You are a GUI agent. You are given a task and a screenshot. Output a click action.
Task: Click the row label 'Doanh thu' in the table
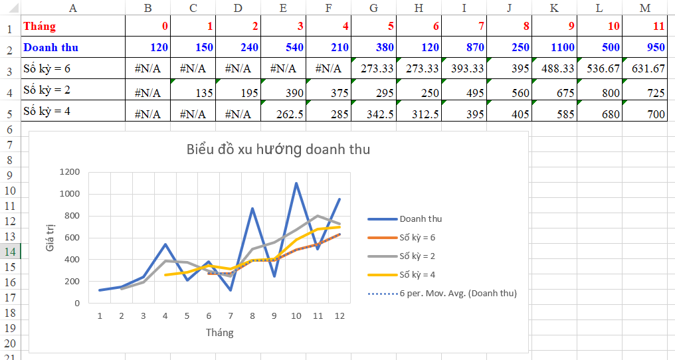50,47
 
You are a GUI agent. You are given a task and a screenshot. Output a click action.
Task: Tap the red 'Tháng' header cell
40,27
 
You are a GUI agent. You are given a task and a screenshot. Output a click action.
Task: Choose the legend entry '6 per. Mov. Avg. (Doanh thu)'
458,293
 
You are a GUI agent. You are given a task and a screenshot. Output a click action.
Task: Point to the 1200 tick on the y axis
69,172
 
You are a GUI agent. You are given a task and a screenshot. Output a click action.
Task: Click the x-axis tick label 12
339,315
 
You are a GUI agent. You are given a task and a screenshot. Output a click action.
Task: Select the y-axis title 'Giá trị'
50,237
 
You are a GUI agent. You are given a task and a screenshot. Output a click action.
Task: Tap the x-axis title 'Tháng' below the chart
219,332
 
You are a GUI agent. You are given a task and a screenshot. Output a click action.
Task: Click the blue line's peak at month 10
296,183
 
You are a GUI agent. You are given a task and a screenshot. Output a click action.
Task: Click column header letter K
553,8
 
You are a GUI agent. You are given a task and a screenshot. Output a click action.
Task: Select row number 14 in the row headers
11,251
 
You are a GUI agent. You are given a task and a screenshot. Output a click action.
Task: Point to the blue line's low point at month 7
230,290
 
